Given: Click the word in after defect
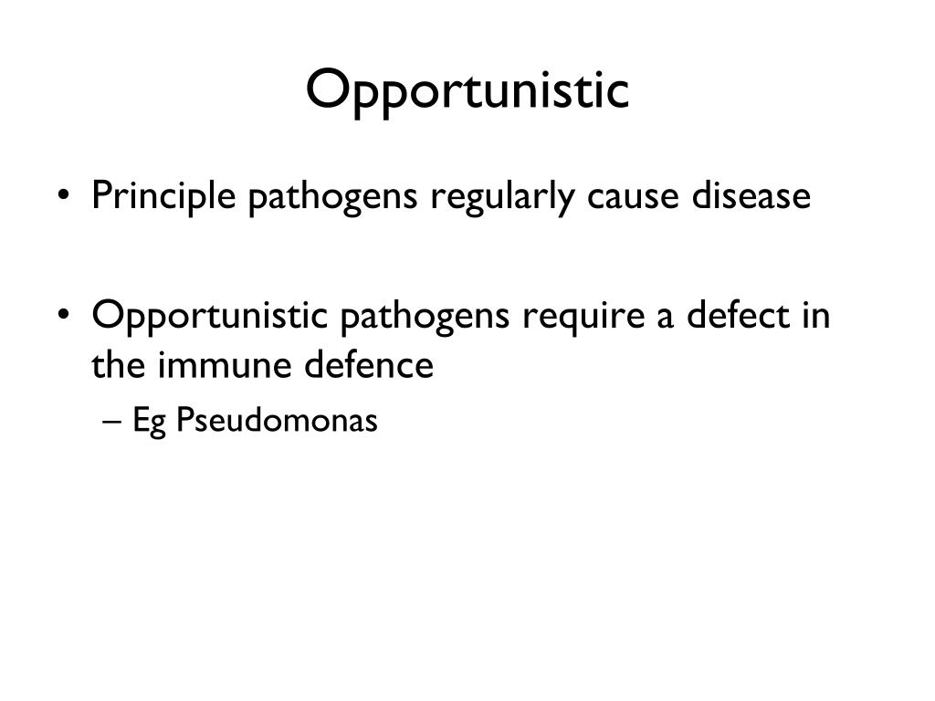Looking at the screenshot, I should (817, 316).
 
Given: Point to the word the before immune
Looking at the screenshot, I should (118, 365).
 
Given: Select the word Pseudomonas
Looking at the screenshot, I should (277, 421).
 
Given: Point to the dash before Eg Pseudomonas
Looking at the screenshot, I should (112, 421).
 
